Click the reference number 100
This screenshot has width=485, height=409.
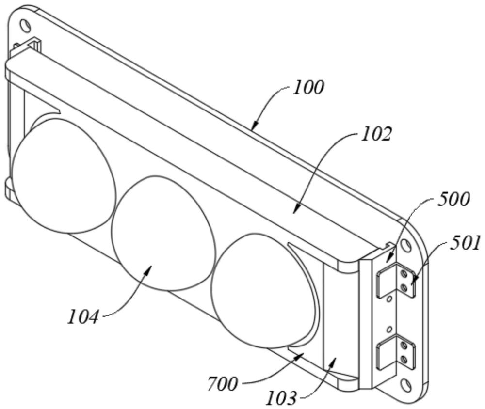pyautogui.click(x=308, y=88)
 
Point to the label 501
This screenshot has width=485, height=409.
pyautogui.click(x=466, y=243)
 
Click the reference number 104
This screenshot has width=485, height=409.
pyautogui.click(x=83, y=317)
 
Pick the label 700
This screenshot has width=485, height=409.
pyautogui.click(x=223, y=384)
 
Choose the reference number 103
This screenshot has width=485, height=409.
pyautogui.click(x=281, y=398)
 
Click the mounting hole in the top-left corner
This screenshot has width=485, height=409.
pyautogui.click(x=25, y=26)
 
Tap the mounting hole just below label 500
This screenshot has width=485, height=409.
pyautogui.click(x=405, y=246)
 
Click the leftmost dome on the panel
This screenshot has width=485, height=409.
pyautogui.click(x=64, y=175)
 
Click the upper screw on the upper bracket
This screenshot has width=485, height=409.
pyautogui.click(x=404, y=273)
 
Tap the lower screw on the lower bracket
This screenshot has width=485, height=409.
pyautogui.click(x=403, y=359)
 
